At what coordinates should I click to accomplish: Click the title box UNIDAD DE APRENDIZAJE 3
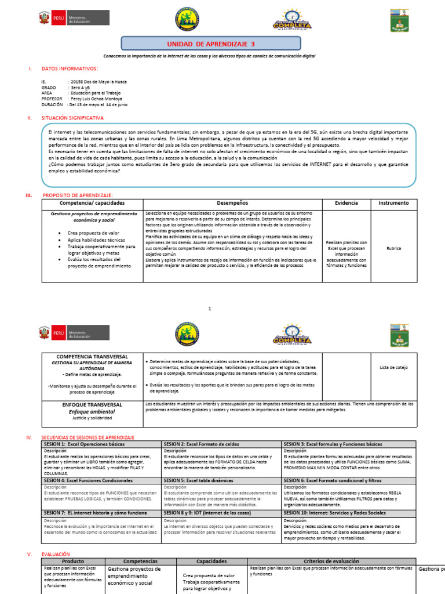pos(210,44)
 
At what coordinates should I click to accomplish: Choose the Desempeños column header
pos(232,203)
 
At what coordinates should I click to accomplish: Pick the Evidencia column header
pos(346,203)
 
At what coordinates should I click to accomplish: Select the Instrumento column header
pos(393,203)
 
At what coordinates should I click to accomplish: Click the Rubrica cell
pos(393,248)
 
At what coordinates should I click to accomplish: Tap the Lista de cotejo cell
pos(393,367)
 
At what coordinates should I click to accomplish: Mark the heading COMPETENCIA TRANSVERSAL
pos(93,356)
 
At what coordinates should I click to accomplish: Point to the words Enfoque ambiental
pos(93,411)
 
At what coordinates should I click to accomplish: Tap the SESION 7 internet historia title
pos(96,513)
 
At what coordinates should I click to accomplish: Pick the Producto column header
pos(72,562)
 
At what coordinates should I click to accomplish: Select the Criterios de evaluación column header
pos(331,562)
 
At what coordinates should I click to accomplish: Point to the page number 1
pos(210,309)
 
